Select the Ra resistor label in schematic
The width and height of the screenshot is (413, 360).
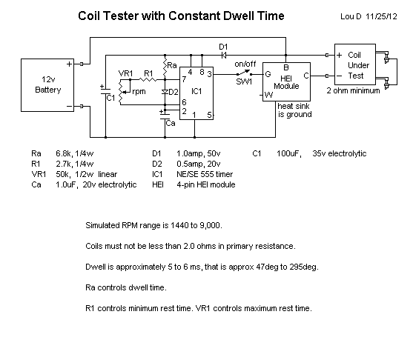tap(173, 66)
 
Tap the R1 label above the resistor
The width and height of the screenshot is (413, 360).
tap(148, 72)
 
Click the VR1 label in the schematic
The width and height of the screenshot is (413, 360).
tap(125, 73)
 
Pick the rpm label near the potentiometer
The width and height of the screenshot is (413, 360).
tap(138, 91)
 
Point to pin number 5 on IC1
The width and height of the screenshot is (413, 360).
tap(210, 114)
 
